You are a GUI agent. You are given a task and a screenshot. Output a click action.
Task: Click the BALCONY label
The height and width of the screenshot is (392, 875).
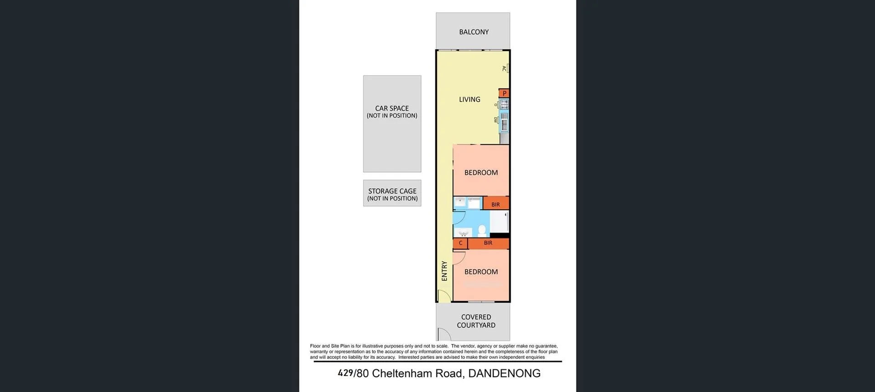[x=474, y=32]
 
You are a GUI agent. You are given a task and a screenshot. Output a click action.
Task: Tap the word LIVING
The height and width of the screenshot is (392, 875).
[x=469, y=99]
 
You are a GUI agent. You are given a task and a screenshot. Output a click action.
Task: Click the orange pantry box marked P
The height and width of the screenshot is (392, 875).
[x=504, y=93]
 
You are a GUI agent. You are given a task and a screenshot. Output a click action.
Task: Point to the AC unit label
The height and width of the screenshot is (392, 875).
[x=504, y=68]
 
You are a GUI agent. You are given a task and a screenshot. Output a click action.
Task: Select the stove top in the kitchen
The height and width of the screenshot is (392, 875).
[x=504, y=104]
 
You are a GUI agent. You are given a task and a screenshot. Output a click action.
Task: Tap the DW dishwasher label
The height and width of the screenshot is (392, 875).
[x=496, y=120]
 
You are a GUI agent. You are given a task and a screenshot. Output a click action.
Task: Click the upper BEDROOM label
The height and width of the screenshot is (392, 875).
[x=481, y=173]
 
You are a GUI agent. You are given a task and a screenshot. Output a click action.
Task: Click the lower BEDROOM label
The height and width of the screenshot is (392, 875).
[x=481, y=272]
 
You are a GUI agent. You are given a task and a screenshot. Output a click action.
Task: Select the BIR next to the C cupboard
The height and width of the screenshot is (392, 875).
[x=488, y=243]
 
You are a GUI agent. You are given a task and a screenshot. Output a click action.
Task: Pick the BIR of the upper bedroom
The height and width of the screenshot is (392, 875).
[x=495, y=204]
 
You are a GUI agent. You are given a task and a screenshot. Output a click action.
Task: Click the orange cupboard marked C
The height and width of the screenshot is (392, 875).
[x=460, y=243]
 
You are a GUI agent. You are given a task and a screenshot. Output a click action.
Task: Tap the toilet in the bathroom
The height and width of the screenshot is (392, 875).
[x=482, y=230]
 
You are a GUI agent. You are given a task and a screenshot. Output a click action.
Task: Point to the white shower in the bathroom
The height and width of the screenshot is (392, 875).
[x=499, y=222]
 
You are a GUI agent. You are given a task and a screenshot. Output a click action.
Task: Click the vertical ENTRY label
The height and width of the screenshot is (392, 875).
[x=444, y=271]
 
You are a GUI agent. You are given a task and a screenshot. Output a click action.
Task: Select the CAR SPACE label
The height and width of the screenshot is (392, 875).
[x=392, y=108]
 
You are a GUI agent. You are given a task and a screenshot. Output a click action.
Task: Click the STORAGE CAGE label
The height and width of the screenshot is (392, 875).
[x=392, y=191]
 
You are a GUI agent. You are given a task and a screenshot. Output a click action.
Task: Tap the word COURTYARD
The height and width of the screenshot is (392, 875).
[x=476, y=325]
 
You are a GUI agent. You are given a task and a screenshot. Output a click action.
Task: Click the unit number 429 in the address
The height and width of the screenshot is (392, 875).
[x=345, y=373]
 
